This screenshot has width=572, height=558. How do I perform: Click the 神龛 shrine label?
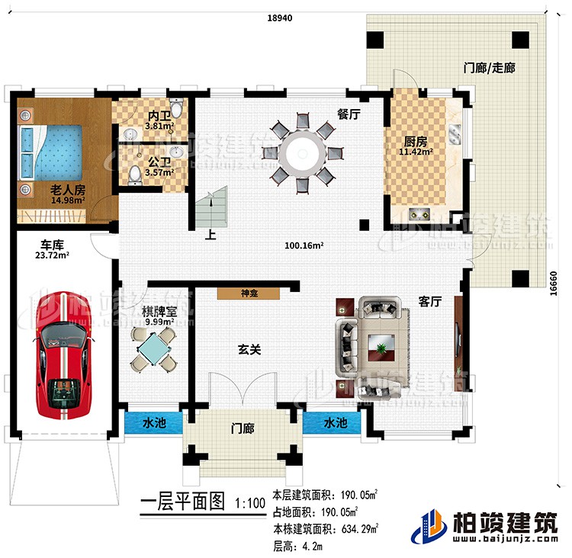point(248,292)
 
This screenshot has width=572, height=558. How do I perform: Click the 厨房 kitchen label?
point(415,140)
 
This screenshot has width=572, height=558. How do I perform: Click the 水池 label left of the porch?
point(153,422)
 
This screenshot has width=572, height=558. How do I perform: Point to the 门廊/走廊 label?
point(489,68)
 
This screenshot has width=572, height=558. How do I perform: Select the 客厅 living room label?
point(432,302)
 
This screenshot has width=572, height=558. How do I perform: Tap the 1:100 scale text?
point(250,503)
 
